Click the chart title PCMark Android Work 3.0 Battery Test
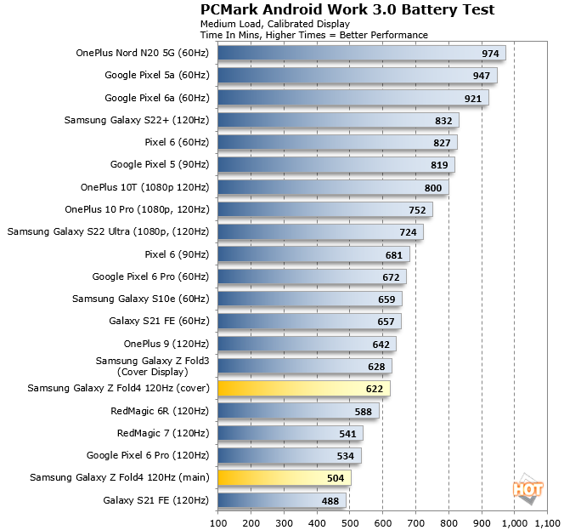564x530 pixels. [x=347, y=9]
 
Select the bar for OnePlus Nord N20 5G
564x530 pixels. [x=361, y=53]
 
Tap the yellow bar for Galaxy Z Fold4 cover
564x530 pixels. [x=303, y=389]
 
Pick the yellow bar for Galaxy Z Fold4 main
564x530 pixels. [x=284, y=478]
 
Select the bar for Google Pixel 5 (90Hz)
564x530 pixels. [x=336, y=164]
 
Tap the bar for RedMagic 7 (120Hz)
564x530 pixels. [x=290, y=433]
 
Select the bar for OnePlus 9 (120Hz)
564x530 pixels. [x=307, y=344]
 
